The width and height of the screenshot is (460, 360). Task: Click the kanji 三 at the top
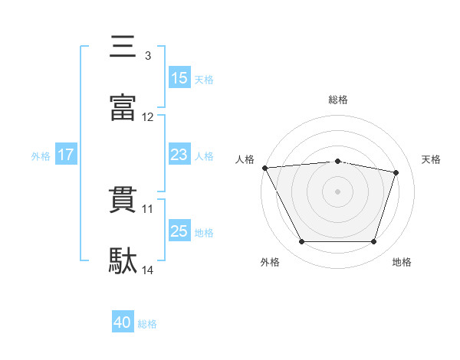pos(123,46)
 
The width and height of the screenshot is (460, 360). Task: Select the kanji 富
pos(123,107)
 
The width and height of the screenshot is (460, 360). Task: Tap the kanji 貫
pos(123,200)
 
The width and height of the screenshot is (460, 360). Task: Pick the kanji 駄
pos(123,260)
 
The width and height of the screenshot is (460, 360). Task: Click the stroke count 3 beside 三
pos(148,56)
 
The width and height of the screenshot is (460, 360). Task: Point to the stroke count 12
pos(147,117)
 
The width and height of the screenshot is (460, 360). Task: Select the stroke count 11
pos(147,209)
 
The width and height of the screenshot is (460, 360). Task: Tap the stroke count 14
pos(147,270)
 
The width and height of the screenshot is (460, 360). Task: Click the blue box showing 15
pos(179,77)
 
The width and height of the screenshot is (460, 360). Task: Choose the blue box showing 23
pos(179,154)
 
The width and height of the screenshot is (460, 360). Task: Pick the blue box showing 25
pos(179,230)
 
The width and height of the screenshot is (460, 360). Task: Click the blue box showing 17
pos(66,154)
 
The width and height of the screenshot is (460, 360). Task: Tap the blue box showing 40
pos(123,321)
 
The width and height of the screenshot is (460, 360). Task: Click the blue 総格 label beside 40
pos(147,324)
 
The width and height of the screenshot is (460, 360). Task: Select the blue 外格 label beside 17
pos(41,156)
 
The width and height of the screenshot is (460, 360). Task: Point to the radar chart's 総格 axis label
pos(338,100)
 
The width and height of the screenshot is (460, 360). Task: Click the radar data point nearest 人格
pos(265,168)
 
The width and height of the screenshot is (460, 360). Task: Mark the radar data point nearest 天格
pos(396,172)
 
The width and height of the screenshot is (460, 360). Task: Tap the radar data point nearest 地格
pos(373,241)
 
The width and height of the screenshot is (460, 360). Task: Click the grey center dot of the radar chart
pos(337,191)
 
